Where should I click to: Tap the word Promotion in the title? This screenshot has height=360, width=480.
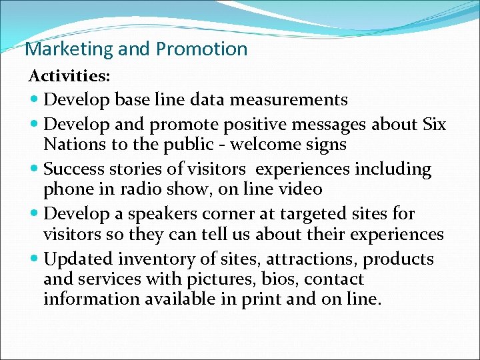(201, 49)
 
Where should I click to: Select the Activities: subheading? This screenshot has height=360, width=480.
(69, 76)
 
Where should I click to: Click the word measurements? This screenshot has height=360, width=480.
(289, 100)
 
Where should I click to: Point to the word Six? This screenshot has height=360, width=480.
(434, 125)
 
